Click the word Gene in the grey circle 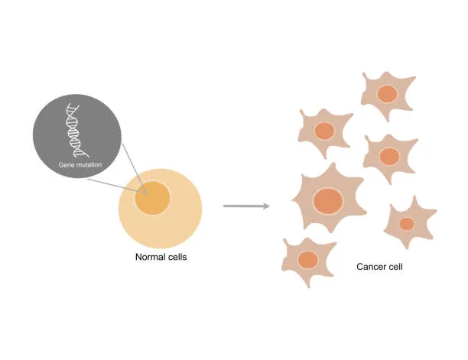[x=66, y=164]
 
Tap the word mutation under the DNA [x=89, y=164]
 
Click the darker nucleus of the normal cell [x=152, y=198]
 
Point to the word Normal [x=148, y=257]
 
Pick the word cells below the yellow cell [x=176, y=257]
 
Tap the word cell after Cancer [x=395, y=266]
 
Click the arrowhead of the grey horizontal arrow [x=266, y=206]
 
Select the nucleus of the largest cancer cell [x=328, y=201]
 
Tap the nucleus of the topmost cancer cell [x=387, y=94]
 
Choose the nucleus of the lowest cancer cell [x=307, y=260]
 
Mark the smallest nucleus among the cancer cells [x=407, y=224]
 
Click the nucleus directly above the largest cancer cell [x=324, y=131]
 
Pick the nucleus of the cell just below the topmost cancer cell [x=389, y=156]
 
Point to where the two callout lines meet [x=146, y=193]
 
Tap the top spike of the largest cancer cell [x=333, y=166]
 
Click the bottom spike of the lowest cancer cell [x=309, y=285]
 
